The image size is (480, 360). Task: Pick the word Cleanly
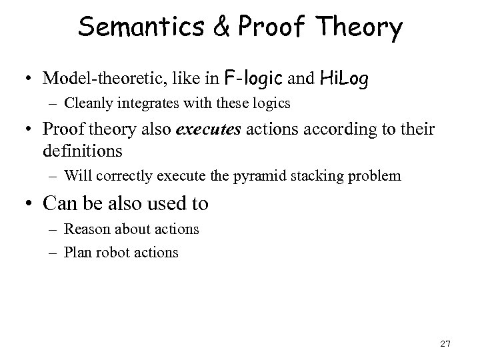(x=88, y=105)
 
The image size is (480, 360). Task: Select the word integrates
(x=141, y=105)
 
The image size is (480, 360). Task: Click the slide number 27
(x=446, y=344)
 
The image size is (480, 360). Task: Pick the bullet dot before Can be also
(x=31, y=204)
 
